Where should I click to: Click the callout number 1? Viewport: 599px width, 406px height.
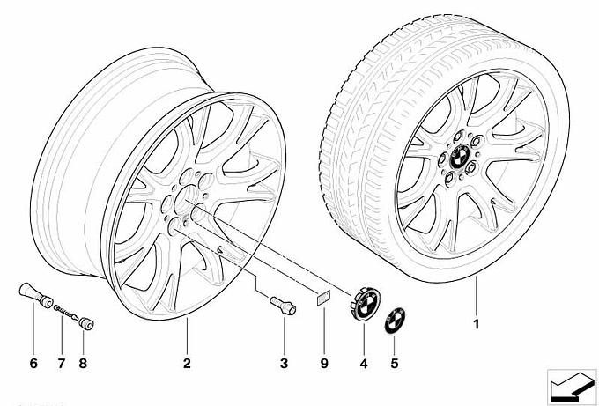coord(476,324)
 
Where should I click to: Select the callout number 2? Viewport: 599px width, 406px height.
coord(187,363)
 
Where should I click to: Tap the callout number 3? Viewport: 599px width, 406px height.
coord(284,363)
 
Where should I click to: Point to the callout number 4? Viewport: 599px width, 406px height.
coord(364,364)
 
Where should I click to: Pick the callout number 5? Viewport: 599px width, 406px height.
coord(395,363)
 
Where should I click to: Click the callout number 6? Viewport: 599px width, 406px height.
coord(33,363)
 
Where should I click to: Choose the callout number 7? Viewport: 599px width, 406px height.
coord(62,363)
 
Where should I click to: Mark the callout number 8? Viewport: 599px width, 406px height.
coord(83,363)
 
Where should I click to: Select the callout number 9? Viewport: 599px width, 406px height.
coord(324,363)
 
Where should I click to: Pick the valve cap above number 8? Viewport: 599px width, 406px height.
coord(86,323)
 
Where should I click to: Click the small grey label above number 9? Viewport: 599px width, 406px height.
coord(323,299)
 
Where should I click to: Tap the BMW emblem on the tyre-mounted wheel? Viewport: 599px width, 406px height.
coord(461,158)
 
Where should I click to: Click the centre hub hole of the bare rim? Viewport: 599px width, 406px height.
coord(186,199)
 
